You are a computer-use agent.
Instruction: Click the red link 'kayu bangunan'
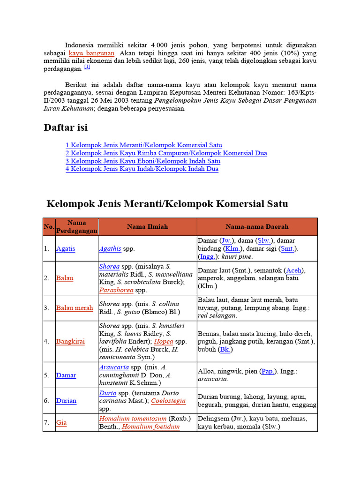coord(91,53)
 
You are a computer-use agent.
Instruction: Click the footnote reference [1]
coord(87,67)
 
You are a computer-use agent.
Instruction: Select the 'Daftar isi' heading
coord(66,127)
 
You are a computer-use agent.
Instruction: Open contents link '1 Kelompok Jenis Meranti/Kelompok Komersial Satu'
coord(143,145)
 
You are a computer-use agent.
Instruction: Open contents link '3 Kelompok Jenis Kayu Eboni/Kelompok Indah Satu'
coord(142,161)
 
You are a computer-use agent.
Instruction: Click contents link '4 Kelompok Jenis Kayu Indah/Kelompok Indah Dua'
coord(142,169)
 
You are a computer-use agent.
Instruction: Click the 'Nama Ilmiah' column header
coord(147,227)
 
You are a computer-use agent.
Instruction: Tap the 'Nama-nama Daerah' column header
coord(257,227)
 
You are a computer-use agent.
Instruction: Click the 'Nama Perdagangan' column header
coord(76,227)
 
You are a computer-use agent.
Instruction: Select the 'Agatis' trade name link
coord(66,249)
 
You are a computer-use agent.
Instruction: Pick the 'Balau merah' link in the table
coord(75,308)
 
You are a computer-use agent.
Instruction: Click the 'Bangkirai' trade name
coord(70,341)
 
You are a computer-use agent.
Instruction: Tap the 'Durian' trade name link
coord(66,401)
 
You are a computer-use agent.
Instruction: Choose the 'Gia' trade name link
coord(61,422)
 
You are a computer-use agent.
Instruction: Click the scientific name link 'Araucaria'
coord(114,367)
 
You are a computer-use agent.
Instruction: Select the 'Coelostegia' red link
coord(168,401)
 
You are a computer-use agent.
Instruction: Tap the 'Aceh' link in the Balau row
coord(293,270)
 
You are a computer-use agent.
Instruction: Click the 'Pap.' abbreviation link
coord(268,371)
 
